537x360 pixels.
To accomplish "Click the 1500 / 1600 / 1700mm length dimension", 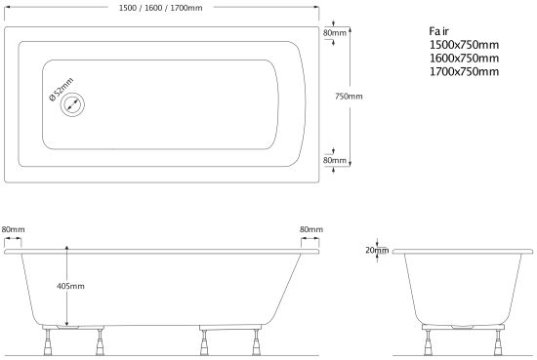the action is click(x=161, y=8).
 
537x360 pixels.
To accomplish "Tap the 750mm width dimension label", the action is click(x=349, y=97).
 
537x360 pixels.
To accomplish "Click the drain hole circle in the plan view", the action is click(x=72, y=104).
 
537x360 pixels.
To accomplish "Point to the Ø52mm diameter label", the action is click(x=62, y=90).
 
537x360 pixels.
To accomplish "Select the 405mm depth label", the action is click(x=70, y=286).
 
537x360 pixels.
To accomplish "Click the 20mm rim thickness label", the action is click(x=377, y=250).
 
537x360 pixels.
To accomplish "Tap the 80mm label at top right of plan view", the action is click(x=335, y=33).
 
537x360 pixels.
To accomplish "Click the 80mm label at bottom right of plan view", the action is click(x=335, y=160).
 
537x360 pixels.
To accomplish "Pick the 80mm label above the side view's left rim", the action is click(x=13, y=229).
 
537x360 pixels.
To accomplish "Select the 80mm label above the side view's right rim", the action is click(x=311, y=229).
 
